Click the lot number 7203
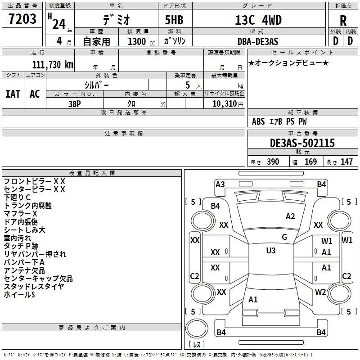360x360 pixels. click(x=22, y=19)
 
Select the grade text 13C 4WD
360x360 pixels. click(x=258, y=20)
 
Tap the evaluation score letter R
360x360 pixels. click(x=343, y=21)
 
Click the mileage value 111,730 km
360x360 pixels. click(x=53, y=64)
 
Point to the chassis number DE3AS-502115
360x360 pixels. click(x=302, y=143)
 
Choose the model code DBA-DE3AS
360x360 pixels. click(x=258, y=41)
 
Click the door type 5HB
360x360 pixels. click(x=174, y=20)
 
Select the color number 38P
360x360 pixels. click(x=75, y=104)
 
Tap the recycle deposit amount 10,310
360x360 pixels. click(x=225, y=104)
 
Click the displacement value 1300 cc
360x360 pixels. click(x=141, y=41)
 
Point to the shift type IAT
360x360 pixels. click(x=13, y=94)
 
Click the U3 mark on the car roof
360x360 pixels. click(x=271, y=250)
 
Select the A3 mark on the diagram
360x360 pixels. click(x=220, y=184)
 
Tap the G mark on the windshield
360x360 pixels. click(x=284, y=237)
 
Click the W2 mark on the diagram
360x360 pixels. click(x=320, y=292)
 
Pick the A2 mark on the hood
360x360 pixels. click(x=290, y=216)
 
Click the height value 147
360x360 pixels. click(x=346, y=162)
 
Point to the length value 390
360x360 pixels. click(x=273, y=162)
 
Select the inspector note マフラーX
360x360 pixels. click(x=20, y=214)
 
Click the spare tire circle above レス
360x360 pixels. click(x=197, y=328)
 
